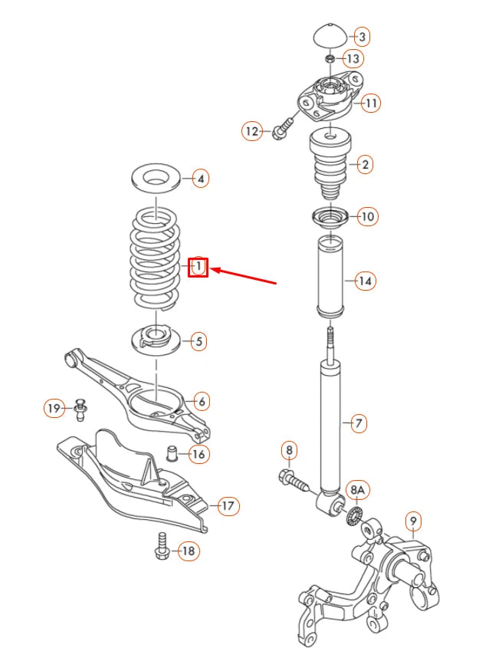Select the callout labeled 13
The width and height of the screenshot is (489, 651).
[x=353, y=58]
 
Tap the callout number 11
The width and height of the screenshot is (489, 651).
[x=371, y=102]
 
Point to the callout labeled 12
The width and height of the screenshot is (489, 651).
[x=252, y=131]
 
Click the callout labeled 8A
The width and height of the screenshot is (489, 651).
[x=358, y=490]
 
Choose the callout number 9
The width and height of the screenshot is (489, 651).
[x=413, y=524]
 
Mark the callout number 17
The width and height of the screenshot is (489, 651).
[x=228, y=505]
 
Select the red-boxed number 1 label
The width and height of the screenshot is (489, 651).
[x=199, y=267]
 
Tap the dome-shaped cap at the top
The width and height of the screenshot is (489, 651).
[x=330, y=36]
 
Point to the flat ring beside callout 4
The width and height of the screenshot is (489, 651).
[x=156, y=178]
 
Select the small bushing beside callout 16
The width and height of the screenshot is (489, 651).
[x=173, y=452]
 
